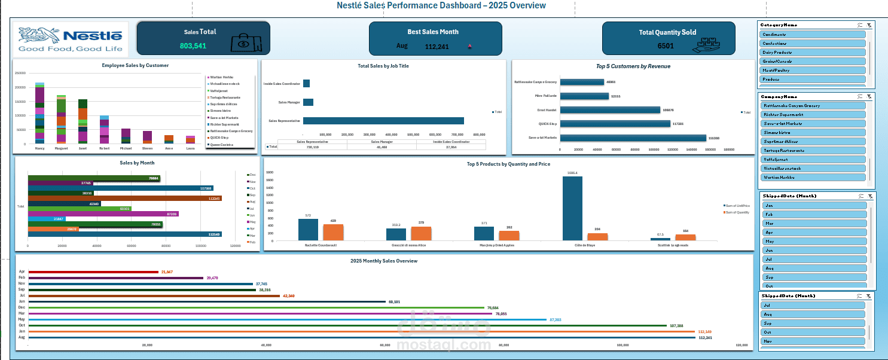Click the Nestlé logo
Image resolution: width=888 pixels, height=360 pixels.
[x=71, y=39]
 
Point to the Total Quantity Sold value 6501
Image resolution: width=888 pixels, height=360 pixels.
[x=665, y=46]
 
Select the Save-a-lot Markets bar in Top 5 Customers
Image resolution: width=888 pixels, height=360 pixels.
[x=633, y=138]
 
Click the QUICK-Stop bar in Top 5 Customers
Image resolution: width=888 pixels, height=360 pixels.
[x=615, y=124]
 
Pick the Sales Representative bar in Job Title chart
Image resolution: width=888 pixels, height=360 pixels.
[x=383, y=121]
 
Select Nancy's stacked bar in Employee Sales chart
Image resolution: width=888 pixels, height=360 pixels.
[x=39, y=114]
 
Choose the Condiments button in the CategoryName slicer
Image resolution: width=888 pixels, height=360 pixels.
[x=813, y=34]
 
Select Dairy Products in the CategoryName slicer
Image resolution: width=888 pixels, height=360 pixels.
[x=813, y=52]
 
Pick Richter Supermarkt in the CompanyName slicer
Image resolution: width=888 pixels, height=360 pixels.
[x=813, y=114]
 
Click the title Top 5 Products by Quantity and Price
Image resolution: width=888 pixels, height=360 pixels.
[x=508, y=164]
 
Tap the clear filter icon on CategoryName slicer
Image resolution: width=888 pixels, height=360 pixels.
[x=869, y=25]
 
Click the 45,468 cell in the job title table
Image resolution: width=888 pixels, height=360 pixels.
[x=382, y=147]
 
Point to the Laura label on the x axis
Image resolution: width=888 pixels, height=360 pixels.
[x=190, y=148]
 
